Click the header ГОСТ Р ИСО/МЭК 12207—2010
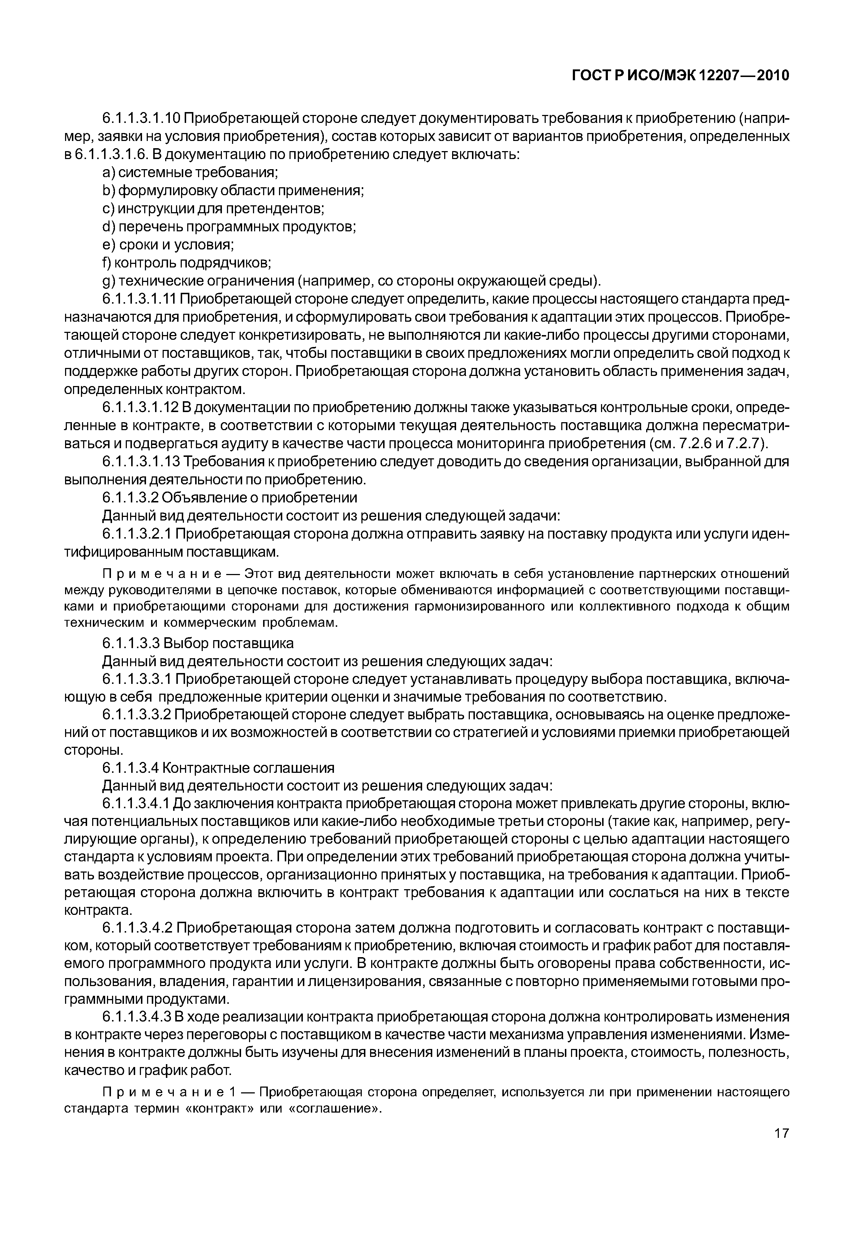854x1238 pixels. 681,76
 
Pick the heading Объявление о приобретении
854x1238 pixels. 259,498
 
